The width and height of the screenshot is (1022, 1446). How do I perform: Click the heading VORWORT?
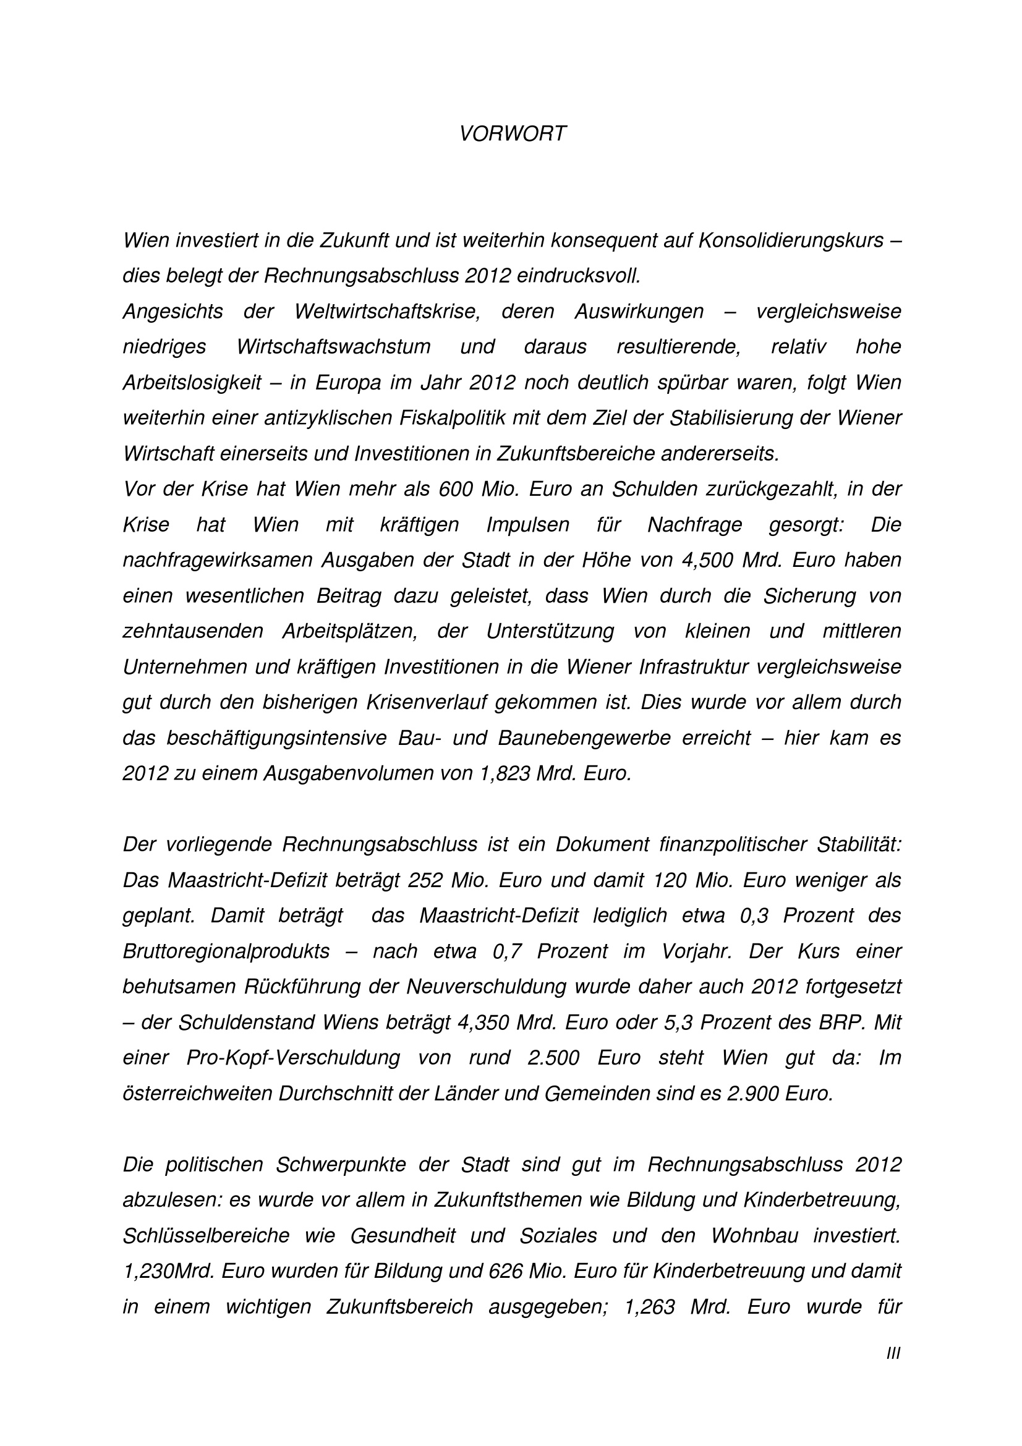click(x=513, y=134)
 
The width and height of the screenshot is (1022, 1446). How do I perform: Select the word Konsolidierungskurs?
click(x=790, y=240)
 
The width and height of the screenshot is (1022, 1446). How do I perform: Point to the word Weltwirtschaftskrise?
click(x=386, y=312)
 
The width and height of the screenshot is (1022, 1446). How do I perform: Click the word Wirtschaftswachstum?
click(x=334, y=347)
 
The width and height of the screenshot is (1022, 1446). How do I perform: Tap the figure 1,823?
click(x=505, y=773)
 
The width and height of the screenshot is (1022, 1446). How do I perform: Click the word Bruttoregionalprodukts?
click(x=226, y=951)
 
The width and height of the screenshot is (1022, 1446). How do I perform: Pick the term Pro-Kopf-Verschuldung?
click(x=293, y=1057)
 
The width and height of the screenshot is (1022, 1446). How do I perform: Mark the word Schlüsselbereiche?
click(x=206, y=1236)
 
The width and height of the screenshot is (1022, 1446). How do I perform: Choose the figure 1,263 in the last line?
click(x=649, y=1307)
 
